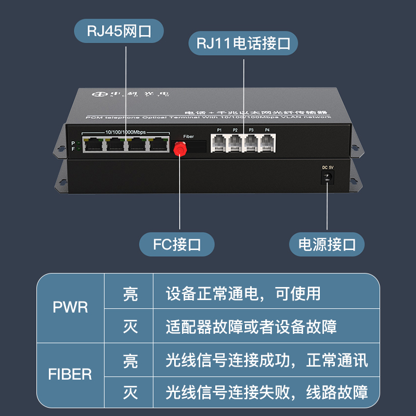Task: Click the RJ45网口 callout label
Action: pyautogui.click(x=119, y=32)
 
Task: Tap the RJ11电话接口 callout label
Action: pyautogui.click(x=243, y=43)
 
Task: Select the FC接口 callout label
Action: pyautogui.click(x=177, y=244)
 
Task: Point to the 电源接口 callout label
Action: pyautogui.click(x=327, y=244)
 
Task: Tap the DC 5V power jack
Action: pyautogui.click(x=328, y=178)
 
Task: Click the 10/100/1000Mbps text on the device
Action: pyautogui.click(x=126, y=132)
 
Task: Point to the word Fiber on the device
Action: pyautogui.click(x=189, y=137)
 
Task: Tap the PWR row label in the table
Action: pyautogui.click(x=71, y=307)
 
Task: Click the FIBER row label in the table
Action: pyautogui.click(x=70, y=374)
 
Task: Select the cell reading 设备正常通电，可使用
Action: pyautogui.click(x=243, y=294)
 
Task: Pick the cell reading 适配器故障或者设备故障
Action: pyautogui.click(x=251, y=327)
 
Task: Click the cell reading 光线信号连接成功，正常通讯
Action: pyautogui.click(x=267, y=360)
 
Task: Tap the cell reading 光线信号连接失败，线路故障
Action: pyautogui.click(x=267, y=392)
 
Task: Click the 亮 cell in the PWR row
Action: pyautogui.click(x=131, y=294)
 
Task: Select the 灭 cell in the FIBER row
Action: pyautogui.click(x=131, y=392)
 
